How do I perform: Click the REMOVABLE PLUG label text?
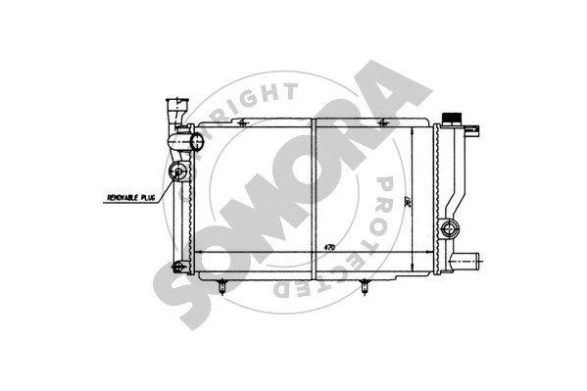click(x=131, y=198)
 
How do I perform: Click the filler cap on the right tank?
click(x=453, y=119)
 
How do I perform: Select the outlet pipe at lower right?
click(x=472, y=260)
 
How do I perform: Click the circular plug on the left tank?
click(x=179, y=173)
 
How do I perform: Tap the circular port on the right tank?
click(x=450, y=229)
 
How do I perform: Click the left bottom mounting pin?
click(x=224, y=286)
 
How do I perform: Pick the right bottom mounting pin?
click(x=366, y=286)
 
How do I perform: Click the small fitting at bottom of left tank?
click(x=175, y=267)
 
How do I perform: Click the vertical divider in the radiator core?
click(x=313, y=196)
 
